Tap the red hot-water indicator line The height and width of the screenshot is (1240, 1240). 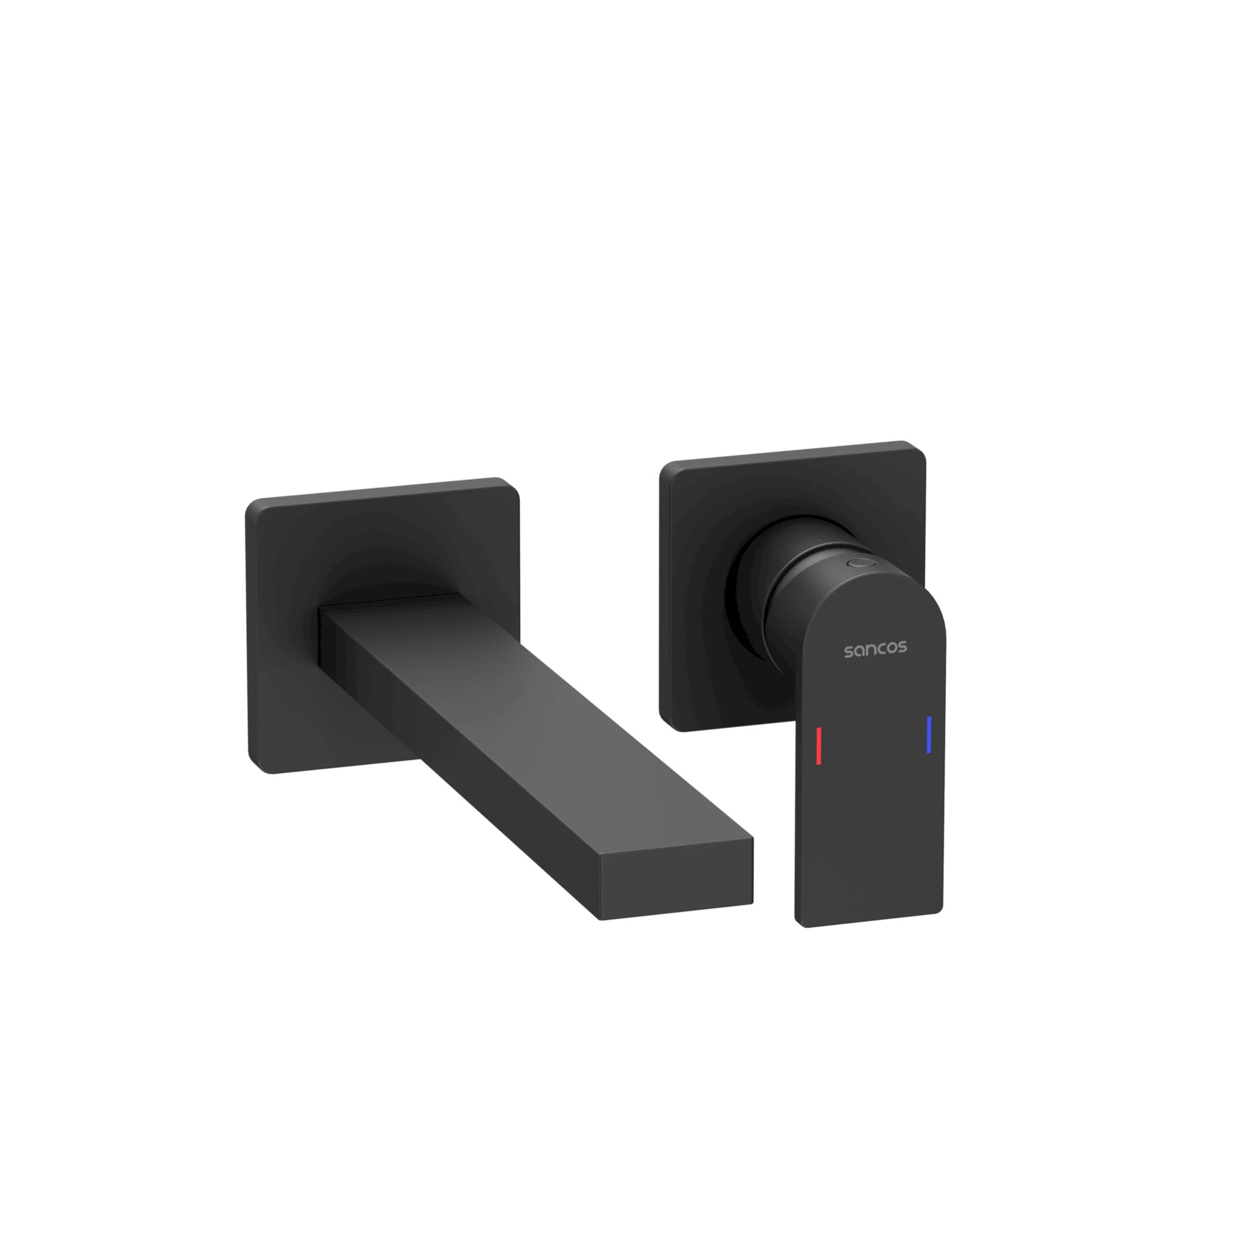[x=818, y=746]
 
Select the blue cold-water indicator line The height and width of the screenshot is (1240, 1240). [x=929, y=735]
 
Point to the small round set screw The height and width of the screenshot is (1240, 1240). [x=860, y=563]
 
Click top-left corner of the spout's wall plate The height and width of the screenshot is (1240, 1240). [x=252, y=504]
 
